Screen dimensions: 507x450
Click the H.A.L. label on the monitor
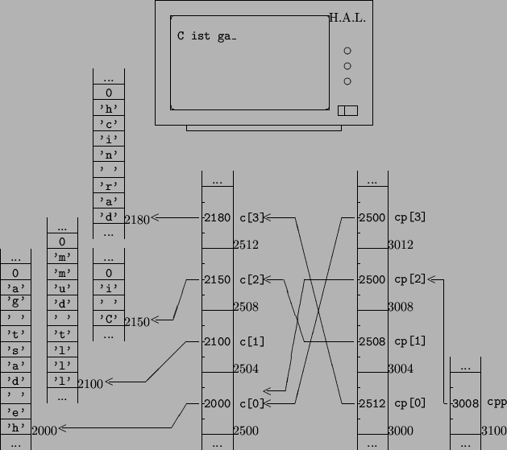point(347,18)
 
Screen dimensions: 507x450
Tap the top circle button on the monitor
point(347,51)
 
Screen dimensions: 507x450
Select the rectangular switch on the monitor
point(347,110)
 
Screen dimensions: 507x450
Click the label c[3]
point(251,217)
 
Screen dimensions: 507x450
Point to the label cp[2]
point(410,279)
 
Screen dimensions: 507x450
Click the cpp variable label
point(497,403)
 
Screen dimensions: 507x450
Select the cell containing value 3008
point(465,403)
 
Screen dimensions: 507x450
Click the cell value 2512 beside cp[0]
point(372,403)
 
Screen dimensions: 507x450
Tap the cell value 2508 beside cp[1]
point(372,341)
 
